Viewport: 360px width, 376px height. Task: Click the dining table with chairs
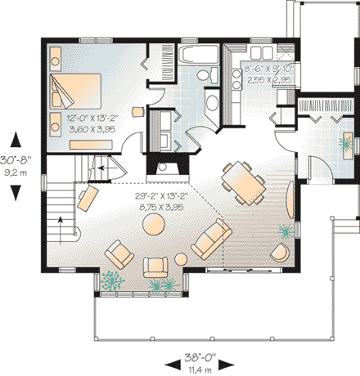pos(242,181)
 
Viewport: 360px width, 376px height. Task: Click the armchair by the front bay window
pos(153,267)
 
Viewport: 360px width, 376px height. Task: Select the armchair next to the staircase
pos(87,197)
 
